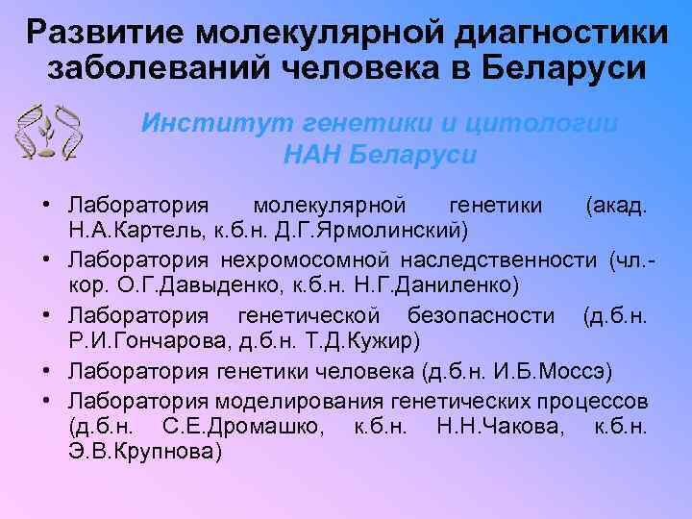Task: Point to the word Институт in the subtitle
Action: (x=215, y=124)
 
